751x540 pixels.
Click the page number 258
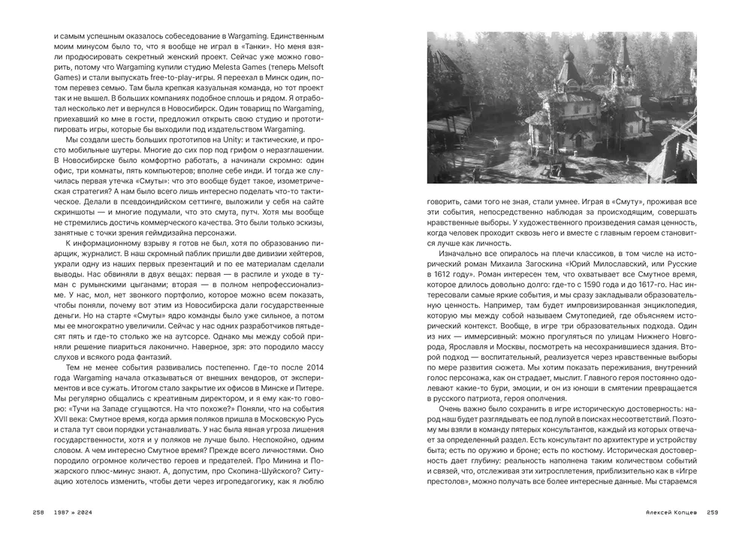point(39,512)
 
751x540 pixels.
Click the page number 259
point(712,512)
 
